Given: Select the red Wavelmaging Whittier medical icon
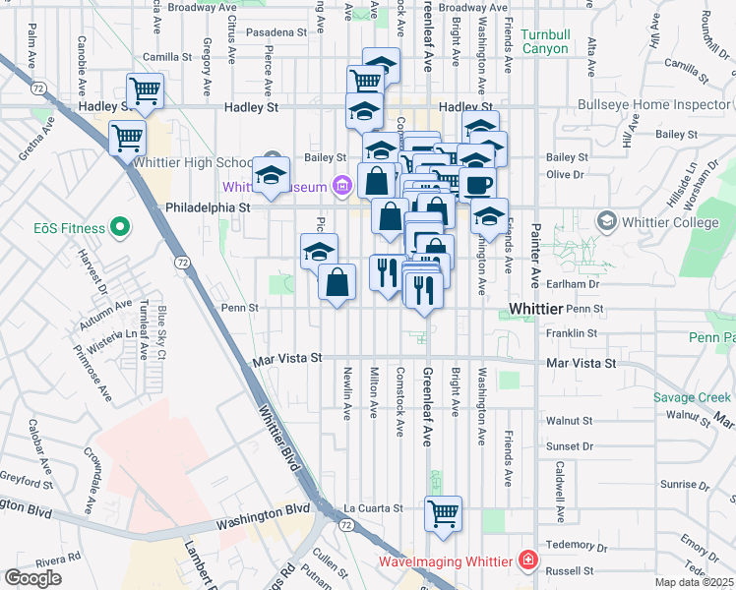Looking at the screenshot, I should (529, 561).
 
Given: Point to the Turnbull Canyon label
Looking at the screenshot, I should (545, 41).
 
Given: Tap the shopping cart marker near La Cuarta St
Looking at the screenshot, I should (443, 513).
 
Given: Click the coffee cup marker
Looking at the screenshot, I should (477, 185).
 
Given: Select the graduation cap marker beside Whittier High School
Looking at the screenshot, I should (271, 175).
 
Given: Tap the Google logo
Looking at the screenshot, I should (32, 578).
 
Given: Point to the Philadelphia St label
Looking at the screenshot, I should (209, 207).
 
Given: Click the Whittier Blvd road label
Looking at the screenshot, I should (279, 442).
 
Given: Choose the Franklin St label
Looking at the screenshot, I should (578, 333).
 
